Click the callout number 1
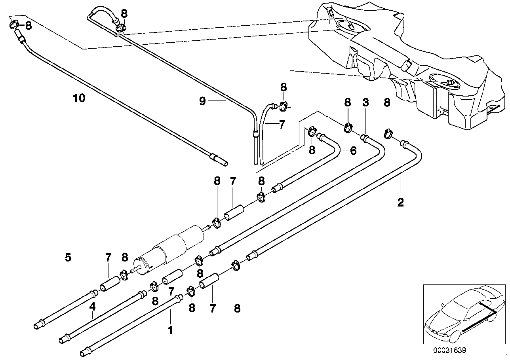171,330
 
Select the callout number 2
400,203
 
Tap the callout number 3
365,102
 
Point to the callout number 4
93,307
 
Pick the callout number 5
68,258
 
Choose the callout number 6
353,150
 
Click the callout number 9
202,101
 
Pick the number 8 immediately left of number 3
347,102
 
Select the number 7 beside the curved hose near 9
281,125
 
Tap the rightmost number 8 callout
387,102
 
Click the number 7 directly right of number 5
108,258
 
